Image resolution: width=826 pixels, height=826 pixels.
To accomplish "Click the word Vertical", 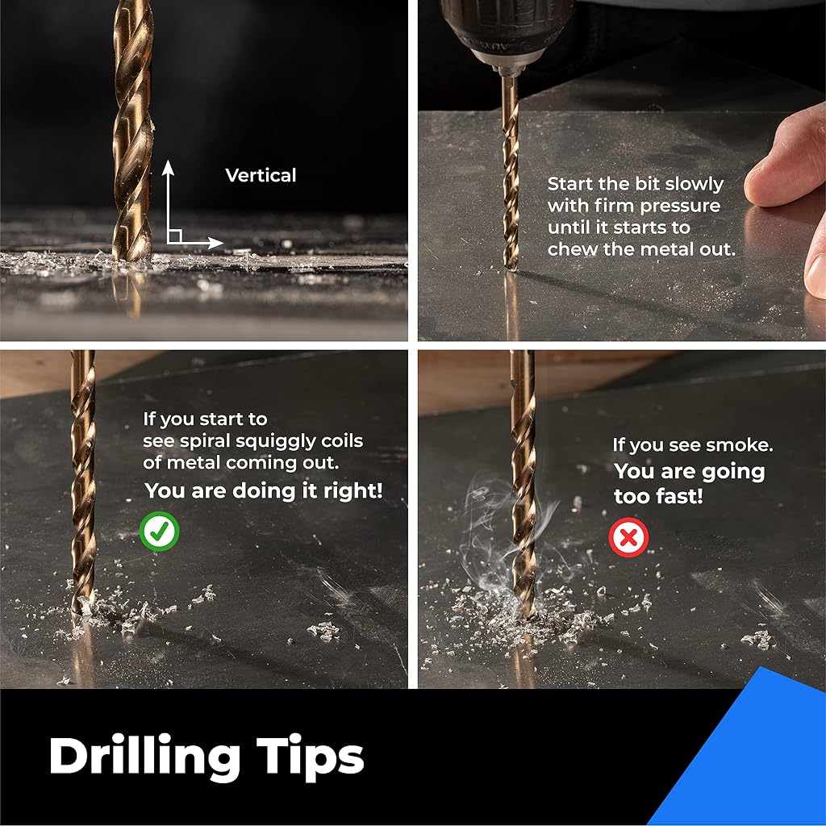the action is (x=261, y=175).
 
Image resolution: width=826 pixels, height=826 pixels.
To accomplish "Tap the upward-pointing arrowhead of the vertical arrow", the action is (x=168, y=168).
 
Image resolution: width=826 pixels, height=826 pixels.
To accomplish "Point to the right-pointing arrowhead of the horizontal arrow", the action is (x=215, y=243).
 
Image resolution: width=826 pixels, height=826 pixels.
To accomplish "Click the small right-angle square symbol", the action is (x=175, y=236).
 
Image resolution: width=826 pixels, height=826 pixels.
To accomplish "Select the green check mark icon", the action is (x=160, y=531).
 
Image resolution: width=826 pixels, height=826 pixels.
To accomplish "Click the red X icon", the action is (x=628, y=537).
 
